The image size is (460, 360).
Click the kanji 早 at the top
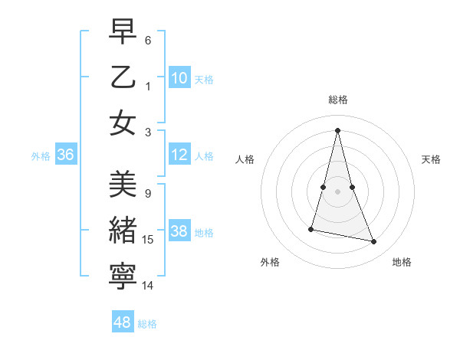tap(123, 31)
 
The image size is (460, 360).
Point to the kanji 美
tap(123, 185)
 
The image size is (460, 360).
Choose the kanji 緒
tap(123, 231)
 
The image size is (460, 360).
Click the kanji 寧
tap(123, 277)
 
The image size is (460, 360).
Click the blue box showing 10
tap(179, 78)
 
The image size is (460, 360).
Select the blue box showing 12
tap(179, 155)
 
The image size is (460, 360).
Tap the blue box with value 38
tap(179, 232)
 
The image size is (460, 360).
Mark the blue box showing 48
tap(123, 322)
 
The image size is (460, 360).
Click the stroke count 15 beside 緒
tap(148, 240)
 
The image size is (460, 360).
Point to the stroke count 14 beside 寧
tap(148, 286)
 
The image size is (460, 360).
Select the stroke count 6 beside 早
tap(148, 39)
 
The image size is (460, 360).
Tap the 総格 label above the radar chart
tap(338, 100)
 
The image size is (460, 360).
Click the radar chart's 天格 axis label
tap(432, 159)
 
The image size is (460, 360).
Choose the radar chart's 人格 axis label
tap(245, 159)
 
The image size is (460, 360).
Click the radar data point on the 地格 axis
tap(374, 242)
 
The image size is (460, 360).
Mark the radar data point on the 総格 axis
tap(338, 130)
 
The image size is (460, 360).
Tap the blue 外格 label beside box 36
tap(41, 156)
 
